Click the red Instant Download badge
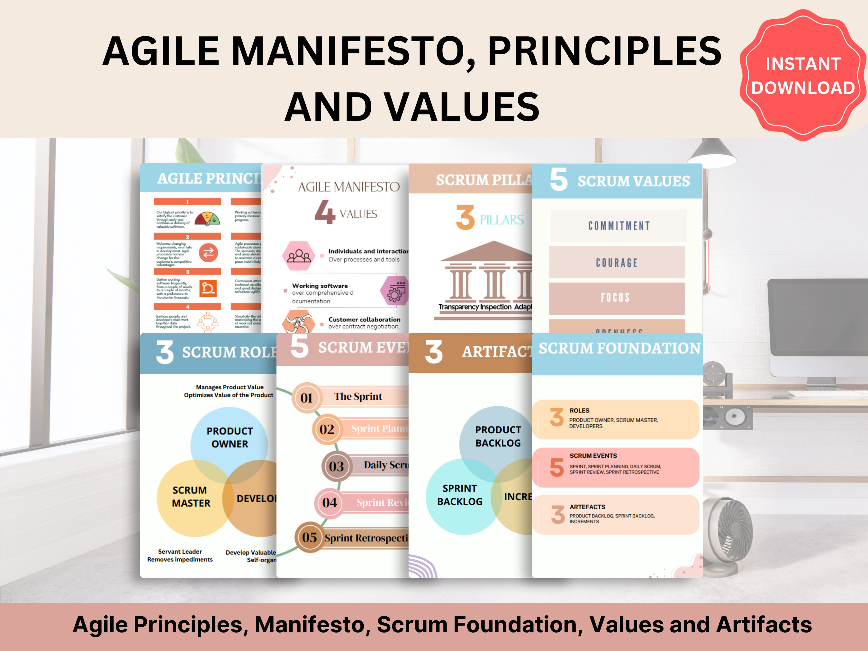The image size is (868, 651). pos(803,75)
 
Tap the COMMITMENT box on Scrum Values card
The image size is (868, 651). pos(619,226)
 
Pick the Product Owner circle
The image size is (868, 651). pos(230,437)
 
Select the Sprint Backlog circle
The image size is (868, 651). pos(459,495)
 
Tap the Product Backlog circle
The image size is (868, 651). pos(498,436)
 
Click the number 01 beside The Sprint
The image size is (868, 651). pos(306,397)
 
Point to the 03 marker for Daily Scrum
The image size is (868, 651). pos(336,466)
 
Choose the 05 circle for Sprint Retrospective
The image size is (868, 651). pos(309,537)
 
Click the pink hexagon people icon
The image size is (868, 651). pos(299,256)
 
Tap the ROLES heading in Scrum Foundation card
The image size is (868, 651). pos(579,411)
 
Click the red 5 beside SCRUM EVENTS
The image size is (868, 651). pos(556,467)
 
